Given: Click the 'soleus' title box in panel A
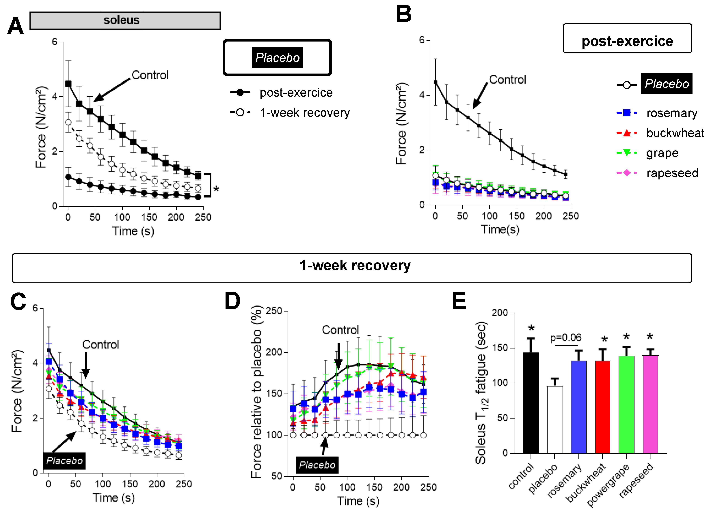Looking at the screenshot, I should (x=125, y=21).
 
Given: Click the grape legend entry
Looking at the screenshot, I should (x=662, y=153).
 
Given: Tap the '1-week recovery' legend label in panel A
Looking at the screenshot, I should (x=305, y=112).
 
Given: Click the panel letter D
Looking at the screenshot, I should (x=232, y=301).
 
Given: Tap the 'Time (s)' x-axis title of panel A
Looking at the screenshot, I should (x=133, y=231).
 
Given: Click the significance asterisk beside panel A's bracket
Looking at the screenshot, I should (x=216, y=189).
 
